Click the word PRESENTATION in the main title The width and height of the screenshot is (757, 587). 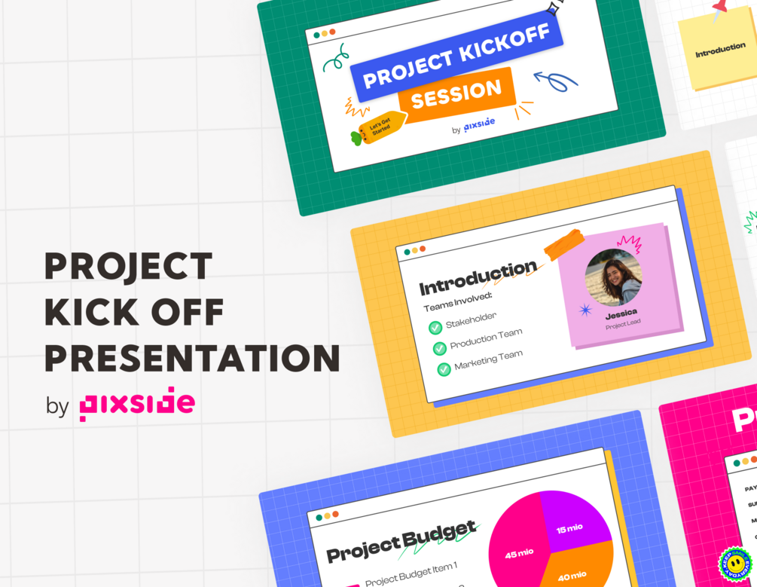coord(192,358)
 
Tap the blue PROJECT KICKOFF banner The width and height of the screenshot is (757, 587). coord(456,57)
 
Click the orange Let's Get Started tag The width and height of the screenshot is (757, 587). coord(381,126)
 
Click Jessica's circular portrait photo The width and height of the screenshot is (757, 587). coord(613,277)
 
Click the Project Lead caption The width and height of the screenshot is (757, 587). coord(622,326)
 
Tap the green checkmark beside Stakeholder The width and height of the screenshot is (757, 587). coord(435,328)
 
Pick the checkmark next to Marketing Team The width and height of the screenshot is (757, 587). coord(444,369)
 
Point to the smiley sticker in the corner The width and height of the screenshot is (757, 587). coord(736,566)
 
